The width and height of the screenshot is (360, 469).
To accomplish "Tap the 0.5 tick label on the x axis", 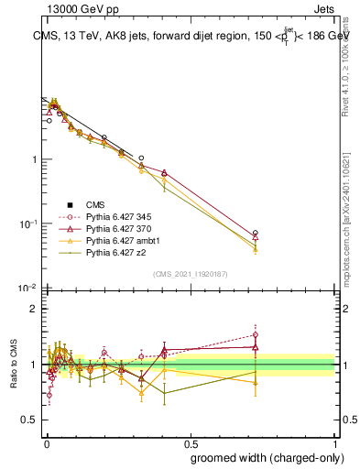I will coord(190,442).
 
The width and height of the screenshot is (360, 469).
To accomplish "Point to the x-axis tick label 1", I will coord(334,442).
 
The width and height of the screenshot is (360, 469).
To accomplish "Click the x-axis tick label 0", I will coord(45,442).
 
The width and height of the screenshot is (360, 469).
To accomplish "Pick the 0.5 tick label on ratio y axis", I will coord(30,420).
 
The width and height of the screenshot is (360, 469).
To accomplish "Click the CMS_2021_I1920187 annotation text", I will coord(190,273).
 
